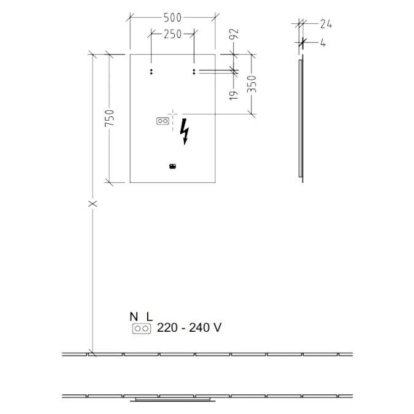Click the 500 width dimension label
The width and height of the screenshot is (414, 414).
172,17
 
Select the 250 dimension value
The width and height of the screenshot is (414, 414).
172,34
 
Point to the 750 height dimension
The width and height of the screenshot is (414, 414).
109,118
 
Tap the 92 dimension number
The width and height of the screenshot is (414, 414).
234,35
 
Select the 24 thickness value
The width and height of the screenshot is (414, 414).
326,24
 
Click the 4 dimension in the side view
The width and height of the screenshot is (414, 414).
322,43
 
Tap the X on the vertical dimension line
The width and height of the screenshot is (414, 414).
93,203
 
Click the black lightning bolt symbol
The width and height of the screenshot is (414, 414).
185,132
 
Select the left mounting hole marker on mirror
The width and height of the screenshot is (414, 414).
151,72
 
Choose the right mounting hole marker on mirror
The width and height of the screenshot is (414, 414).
194,72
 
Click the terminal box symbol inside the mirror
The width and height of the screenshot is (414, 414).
163,121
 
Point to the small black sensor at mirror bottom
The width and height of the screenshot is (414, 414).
172,165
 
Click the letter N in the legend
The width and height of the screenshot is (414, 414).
134,316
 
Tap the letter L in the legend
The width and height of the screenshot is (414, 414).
148,316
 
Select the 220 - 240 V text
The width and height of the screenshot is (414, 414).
189,328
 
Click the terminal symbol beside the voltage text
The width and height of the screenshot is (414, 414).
142,329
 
